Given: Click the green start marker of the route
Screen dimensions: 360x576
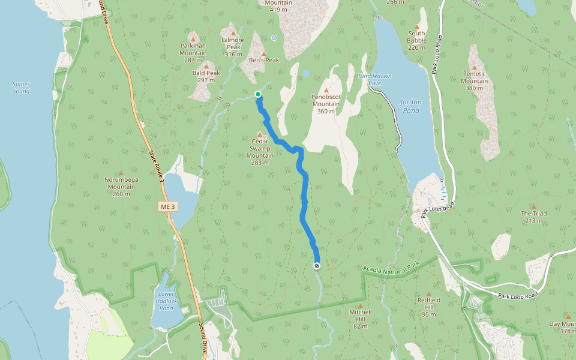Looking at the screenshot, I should [x=258, y=94].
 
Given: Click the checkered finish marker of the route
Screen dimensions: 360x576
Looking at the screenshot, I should [x=317, y=266].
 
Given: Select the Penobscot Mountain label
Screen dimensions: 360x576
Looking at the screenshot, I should [x=326, y=104].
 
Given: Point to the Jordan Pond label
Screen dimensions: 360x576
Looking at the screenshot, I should [x=411, y=106].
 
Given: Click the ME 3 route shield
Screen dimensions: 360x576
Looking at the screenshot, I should [x=168, y=206].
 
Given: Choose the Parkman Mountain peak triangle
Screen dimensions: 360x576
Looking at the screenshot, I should [x=193, y=38].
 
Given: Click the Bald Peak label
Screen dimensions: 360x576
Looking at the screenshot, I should [x=206, y=76].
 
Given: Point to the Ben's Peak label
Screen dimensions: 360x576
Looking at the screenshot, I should [x=264, y=61].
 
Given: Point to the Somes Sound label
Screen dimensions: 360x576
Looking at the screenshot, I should [x=21, y=88].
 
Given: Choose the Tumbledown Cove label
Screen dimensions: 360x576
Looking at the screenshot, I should [x=374, y=79].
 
